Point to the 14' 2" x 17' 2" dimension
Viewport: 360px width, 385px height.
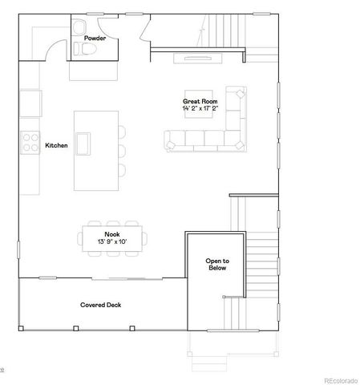pyautogui.click(x=200, y=108)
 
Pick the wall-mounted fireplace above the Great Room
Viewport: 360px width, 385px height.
pyautogui.click(x=199, y=57)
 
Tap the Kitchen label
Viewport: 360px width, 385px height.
pyautogui.click(x=57, y=145)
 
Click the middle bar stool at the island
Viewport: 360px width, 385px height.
pyautogui.click(x=123, y=150)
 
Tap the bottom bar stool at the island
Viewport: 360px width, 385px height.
pyautogui.click(x=123, y=169)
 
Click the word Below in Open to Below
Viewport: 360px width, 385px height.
pyautogui.click(x=216, y=269)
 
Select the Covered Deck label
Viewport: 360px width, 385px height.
pyautogui.click(x=100, y=305)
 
